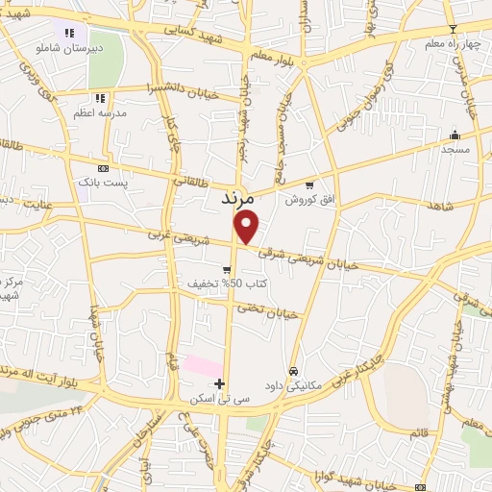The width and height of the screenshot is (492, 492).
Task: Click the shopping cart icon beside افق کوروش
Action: [308, 184]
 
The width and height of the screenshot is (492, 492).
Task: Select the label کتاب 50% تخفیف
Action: [228, 284]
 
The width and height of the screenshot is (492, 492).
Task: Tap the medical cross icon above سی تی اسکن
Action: [221, 383]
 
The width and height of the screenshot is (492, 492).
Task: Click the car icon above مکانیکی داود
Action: [293, 371]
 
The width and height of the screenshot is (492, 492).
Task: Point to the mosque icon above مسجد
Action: [454, 135]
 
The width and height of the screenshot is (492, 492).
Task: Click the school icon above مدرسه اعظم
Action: [100, 97]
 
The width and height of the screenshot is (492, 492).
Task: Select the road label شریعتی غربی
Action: [179, 233]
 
